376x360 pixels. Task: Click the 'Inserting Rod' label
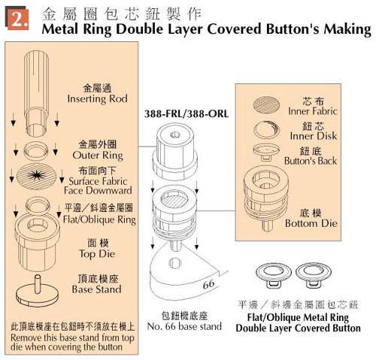[98, 98]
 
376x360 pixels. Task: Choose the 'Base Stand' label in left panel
[97, 289]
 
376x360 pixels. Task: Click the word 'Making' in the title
[344, 31]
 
